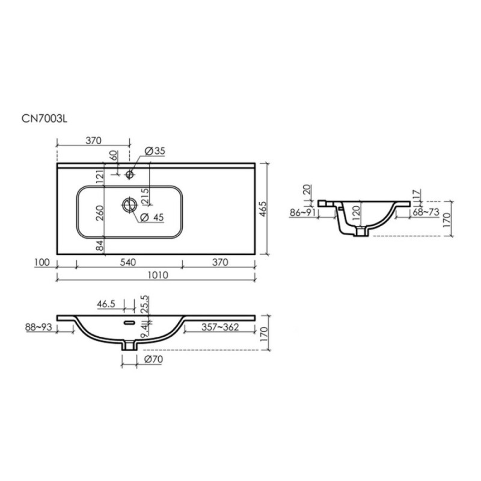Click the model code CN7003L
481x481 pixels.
[x=44, y=118]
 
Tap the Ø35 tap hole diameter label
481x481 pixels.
[x=155, y=151]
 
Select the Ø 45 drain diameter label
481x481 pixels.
[x=152, y=217]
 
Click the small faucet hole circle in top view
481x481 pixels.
[x=129, y=174]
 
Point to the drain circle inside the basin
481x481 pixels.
[x=129, y=204]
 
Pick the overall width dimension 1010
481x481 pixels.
[x=158, y=275]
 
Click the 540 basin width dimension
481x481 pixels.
[x=128, y=262]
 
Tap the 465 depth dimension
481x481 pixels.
[x=263, y=209]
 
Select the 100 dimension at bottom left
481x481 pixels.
[x=42, y=262]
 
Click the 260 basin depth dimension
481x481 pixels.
[x=100, y=213]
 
